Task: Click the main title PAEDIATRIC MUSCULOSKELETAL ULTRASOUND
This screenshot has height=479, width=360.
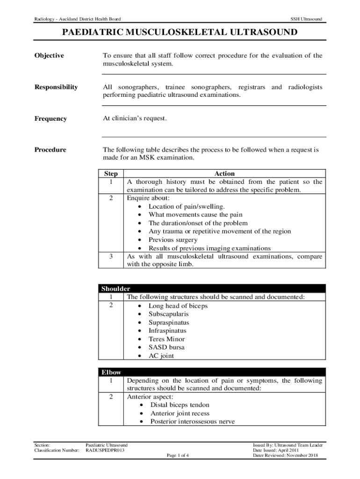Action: pyautogui.click(x=180, y=33)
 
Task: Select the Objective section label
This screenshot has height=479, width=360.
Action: pyautogui.click(x=49, y=56)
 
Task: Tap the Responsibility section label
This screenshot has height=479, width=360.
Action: pyautogui.click(x=56, y=87)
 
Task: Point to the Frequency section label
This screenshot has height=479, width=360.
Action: pyautogui.click(x=50, y=119)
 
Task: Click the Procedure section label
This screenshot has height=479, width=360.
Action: pyautogui.click(x=50, y=150)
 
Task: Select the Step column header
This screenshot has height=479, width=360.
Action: pyautogui.click(x=111, y=174)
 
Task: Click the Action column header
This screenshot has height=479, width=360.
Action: pyautogui.click(x=224, y=174)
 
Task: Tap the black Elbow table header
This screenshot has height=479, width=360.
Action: pyautogui.click(x=111, y=372)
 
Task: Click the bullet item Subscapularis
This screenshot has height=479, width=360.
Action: pyautogui.click(x=169, y=314)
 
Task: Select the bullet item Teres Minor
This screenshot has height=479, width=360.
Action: pyautogui.click(x=166, y=339)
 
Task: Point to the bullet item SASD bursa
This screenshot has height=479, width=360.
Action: pyautogui.click(x=166, y=348)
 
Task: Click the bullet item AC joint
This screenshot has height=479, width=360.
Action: pyautogui.click(x=161, y=356)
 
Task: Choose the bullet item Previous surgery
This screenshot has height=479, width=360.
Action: pyautogui.click(x=173, y=240)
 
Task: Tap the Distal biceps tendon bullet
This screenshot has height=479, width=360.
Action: pyautogui.click(x=180, y=405)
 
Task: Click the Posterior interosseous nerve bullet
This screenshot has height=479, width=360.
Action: pyautogui.click(x=192, y=422)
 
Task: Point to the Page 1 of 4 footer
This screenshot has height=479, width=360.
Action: pyautogui.click(x=177, y=455)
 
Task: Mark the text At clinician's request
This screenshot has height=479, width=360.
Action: pyautogui.click(x=135, y=118)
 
